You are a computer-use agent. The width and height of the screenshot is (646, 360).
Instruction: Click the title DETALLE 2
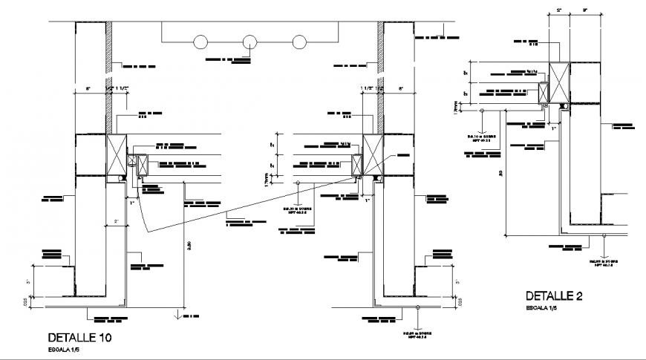(554, 296)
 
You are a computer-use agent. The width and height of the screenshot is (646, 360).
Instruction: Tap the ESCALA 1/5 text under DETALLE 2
(543, 307)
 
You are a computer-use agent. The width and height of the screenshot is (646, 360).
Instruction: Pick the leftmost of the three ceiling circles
(201, 42)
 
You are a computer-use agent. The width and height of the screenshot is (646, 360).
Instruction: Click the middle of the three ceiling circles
(250, 42)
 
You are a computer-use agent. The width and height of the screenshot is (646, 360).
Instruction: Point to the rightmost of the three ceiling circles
(299, 42)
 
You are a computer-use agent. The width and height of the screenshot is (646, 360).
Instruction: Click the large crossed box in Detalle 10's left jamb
(116, 156)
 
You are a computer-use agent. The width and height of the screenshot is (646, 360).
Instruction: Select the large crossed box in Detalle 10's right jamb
(372, 156)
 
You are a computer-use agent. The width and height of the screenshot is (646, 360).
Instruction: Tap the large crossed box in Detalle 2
(559, 81)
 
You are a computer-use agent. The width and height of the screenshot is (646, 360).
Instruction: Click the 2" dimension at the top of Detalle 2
(559, 10)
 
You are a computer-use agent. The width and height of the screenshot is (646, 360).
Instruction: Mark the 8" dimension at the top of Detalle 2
(585, 10)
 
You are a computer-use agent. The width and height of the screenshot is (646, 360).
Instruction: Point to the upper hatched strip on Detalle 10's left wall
(108, 45)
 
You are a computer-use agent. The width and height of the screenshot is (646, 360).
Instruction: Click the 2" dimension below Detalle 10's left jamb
(116, 221)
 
